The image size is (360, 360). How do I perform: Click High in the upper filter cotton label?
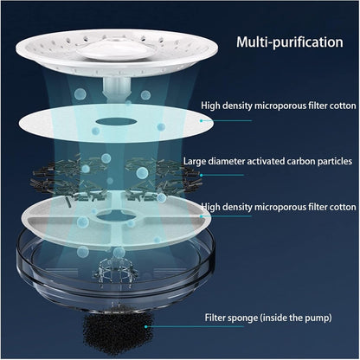point(211,106)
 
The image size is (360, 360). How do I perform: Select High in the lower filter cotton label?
point(211,207)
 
